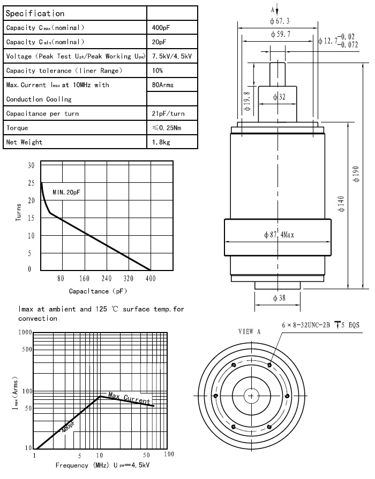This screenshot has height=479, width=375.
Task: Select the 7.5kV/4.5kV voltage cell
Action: [171, 56]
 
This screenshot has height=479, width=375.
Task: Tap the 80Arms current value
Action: [163, 84]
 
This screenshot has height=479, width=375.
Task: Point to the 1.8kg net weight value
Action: [161, 142]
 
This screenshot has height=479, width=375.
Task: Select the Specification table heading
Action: [35, 13]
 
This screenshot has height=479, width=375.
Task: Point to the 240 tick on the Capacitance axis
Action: [106, 279]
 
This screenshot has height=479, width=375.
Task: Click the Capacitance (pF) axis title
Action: [96, 291]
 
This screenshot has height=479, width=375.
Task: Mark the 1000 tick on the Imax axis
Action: [25, 333]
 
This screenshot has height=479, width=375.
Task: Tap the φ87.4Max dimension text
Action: [280, 235]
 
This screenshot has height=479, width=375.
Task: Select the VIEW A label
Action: [249, 331]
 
